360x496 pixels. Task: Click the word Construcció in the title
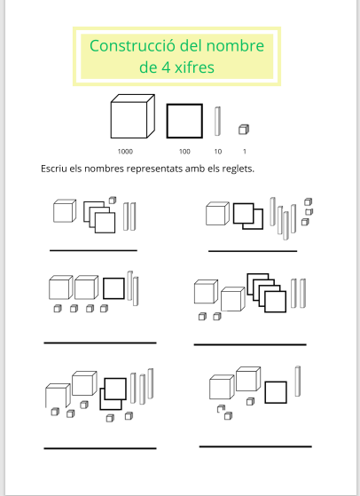coord(132,46)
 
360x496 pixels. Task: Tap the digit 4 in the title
coord(166,67)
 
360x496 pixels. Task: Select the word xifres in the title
coord(195,67)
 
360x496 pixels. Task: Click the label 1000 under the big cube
coord(125,152)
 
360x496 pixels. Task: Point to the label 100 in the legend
coord(184,152)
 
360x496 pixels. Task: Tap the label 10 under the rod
coord(218,152)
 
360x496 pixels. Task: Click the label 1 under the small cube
coord(245,152)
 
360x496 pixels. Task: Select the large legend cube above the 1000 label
coord(132,116)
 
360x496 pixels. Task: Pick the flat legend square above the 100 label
coord(184,122)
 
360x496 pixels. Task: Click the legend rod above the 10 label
coord(217,122)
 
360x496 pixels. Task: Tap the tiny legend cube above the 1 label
coord(244,130)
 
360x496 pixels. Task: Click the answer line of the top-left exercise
coord(93,250)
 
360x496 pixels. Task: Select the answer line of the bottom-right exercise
coord(255,446)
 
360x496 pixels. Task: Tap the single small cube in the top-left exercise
coord(113,201)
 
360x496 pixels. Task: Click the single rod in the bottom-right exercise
coord(298,382)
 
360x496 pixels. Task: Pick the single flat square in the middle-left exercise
coord(113,288)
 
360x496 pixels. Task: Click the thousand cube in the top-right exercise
coord(217,214)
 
